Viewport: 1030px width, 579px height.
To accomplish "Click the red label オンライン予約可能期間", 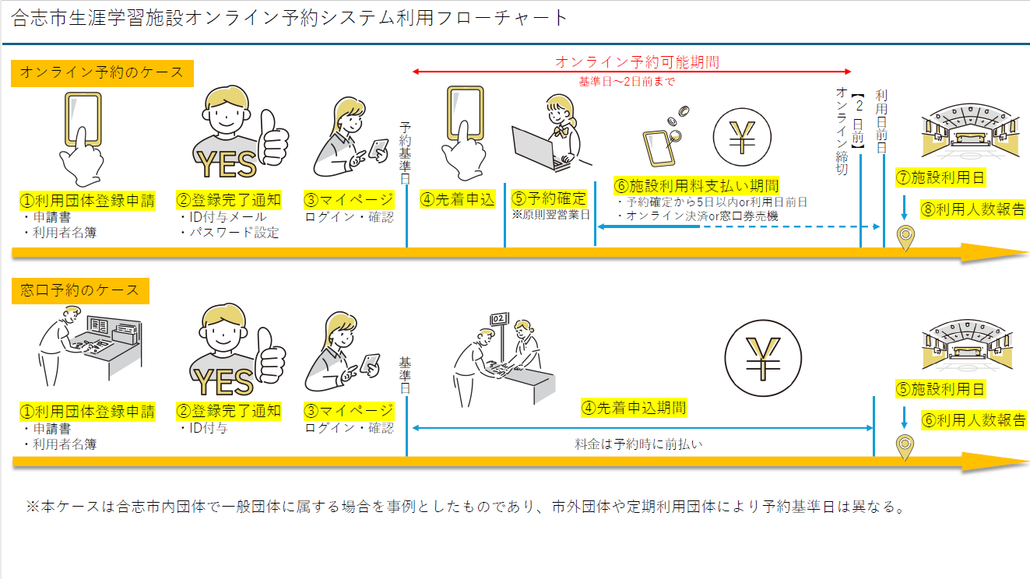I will click(637, 61).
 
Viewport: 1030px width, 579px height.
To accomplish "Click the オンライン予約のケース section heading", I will click(102, 73).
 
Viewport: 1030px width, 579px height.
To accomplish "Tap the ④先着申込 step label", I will click(458, 199).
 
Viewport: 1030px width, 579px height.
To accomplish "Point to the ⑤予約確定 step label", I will click(549, 198).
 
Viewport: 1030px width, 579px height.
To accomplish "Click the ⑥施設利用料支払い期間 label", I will click(697, 185).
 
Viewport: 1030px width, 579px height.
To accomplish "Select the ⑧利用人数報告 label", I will click(973, 209).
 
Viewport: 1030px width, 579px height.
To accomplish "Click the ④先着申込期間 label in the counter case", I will click(634, 407).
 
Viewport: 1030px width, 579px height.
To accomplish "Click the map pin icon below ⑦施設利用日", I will click(905, 238).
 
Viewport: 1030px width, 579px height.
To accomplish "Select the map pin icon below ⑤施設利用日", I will click(905, 447).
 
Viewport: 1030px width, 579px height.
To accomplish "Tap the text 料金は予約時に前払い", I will click(638, 444).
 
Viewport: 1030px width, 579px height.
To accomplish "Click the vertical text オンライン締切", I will click(842, 129).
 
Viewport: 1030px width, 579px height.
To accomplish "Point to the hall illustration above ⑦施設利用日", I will click(968, 129).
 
